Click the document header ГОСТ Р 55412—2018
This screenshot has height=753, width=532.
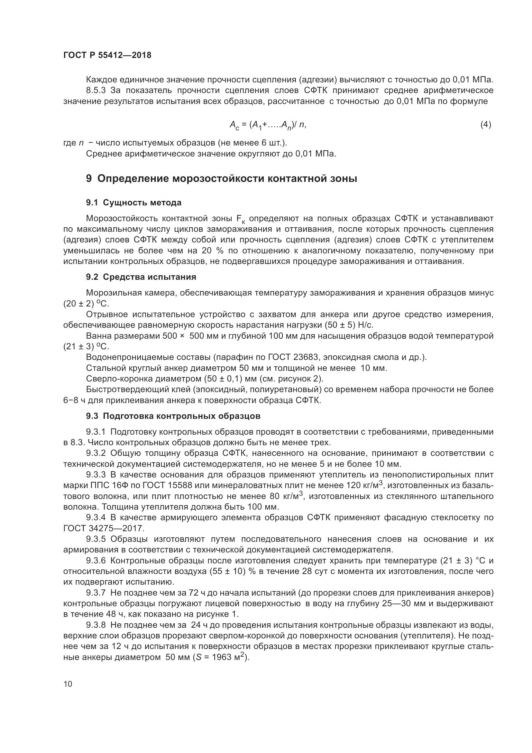coord(107,55)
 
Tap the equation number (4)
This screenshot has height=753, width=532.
coord(485,125)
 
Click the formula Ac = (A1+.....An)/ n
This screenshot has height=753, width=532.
coord(268,125)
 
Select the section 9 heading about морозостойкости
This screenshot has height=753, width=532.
coord(221,179)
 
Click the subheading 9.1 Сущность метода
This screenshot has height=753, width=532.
coord(134,203)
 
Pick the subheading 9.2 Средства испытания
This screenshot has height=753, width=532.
coord(141,277)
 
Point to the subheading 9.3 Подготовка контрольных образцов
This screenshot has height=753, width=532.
coord(173,416)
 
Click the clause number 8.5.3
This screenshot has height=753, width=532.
coord(96,90)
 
